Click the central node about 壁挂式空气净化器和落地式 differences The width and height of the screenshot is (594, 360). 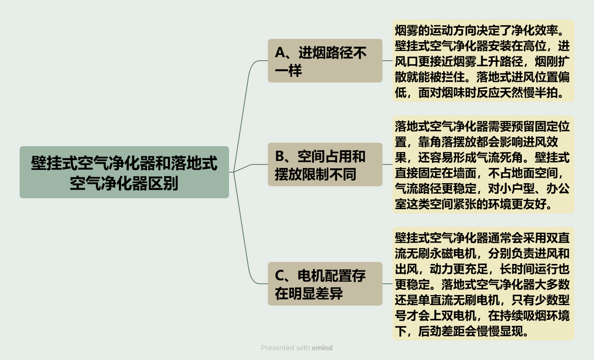[124, 172]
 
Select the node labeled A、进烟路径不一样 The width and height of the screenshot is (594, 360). [325, 60]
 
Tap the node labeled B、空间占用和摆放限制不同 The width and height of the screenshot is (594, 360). [325, 164]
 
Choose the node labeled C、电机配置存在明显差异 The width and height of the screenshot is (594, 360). [325, 284]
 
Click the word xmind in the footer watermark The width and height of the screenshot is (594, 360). [322, 348]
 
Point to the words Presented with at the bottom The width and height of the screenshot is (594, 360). [285, 348]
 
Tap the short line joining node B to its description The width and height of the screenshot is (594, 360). [387, 164]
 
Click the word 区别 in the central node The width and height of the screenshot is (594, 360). [166, 183]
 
